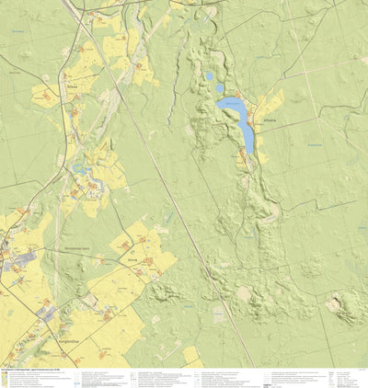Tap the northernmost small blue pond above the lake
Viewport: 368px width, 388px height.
(x=210, y=76)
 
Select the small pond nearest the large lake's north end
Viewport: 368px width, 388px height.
(x=220, y=89)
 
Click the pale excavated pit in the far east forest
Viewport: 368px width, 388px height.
(x=333, y=302)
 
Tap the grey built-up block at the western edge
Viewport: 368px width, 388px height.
(x=16, y=262)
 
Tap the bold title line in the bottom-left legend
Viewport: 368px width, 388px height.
(x=28, y=370)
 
